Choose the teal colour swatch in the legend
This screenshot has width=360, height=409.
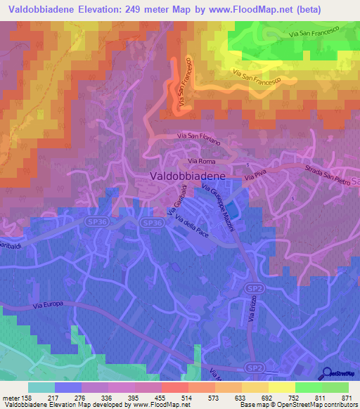click(x=41, y=387)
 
